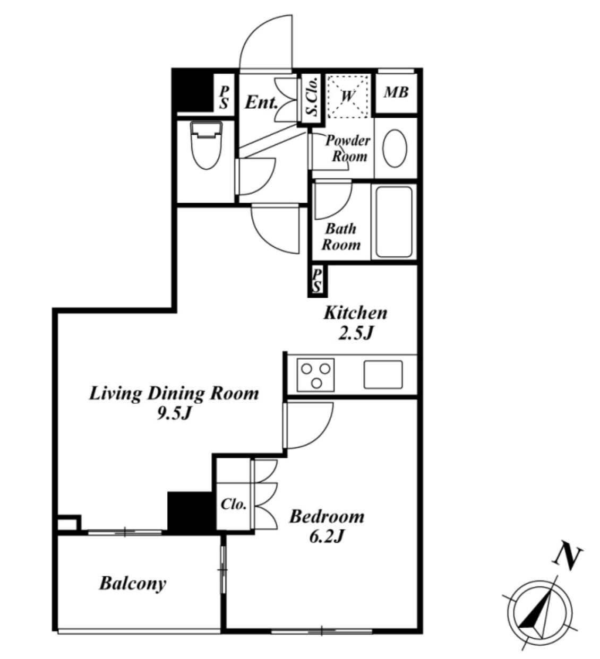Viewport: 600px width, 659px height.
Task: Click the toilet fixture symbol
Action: point(207,145)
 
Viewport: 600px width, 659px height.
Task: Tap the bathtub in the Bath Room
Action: point(394,222)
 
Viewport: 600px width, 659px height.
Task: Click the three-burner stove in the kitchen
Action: point(315,375)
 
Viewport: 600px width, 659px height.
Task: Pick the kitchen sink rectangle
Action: point(383,375)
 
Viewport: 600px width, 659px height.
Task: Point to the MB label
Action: point(396,92)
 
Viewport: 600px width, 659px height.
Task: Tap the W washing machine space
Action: point(348,96)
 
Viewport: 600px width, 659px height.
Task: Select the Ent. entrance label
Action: point(261,102)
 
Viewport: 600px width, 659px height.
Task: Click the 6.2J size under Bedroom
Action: point(327,537)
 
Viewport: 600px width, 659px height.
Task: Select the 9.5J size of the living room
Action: point(174,414)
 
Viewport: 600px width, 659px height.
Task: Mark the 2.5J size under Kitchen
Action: point(356,333)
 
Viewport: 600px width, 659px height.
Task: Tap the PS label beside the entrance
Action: point(224,98)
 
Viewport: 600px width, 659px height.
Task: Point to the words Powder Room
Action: point(348,148)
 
